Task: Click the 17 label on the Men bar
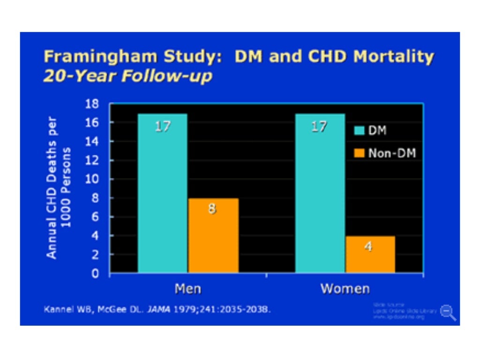(162, 127)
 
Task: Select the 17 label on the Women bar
(319, 127)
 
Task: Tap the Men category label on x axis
(188, 288)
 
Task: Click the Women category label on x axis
(345, 288)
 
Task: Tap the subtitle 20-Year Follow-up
(127, 76)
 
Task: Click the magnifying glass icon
(448, 313)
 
